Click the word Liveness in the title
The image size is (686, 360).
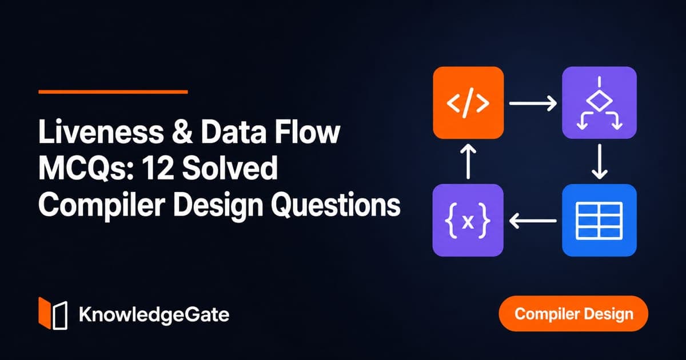click(x=101, y=132)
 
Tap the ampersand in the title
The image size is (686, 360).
click(x=182, y=132)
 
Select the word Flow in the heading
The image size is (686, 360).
click(x=307, y=132)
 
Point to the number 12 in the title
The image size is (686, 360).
click(x=158, y=168)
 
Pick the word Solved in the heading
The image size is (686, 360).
click(x=230, y=168)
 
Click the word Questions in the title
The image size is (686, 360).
click(x=336, y=205)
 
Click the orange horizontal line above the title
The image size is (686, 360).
click(x=113, y=91)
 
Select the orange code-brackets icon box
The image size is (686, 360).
click(x=468, y=102)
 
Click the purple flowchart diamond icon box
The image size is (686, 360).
click(x=599, y=102)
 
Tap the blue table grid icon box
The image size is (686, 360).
click(x=599, y=220)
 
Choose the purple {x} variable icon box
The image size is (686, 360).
click(x=468, y=220)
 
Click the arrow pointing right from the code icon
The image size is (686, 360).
click(x=533, y=103)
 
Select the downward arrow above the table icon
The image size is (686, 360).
click(x=599, y=162)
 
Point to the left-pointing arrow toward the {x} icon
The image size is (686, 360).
click(x=533, y=221)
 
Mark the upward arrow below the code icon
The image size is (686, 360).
click(x=468, y=162)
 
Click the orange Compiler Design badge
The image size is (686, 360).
click(x=573, y=314)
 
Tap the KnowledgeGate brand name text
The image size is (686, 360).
click(x=154, y=315)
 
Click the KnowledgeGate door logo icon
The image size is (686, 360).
click(x=53, y=313)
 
